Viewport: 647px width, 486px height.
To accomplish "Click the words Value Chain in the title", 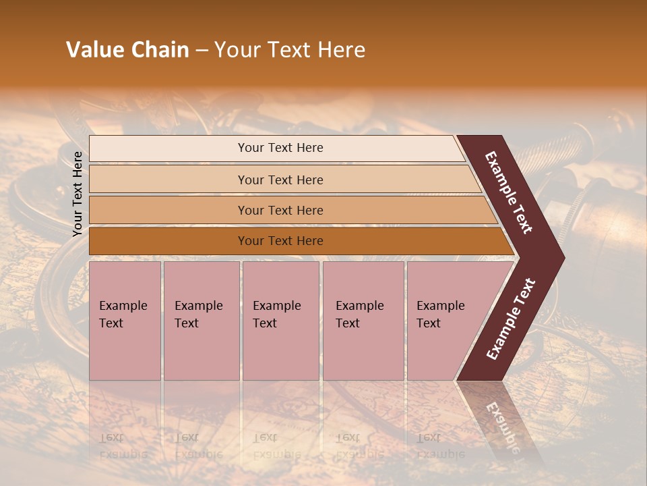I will click(127, 50).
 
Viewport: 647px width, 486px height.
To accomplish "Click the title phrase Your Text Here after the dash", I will click(290, 50).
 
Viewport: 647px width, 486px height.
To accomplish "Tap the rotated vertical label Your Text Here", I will click(78, 194).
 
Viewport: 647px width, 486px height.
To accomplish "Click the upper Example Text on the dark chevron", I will click(509, 192).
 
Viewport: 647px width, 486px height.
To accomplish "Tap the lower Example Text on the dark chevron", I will click(511, 319).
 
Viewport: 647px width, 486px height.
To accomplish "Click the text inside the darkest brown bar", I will click(280, 241).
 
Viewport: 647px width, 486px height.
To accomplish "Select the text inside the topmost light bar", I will click(280, 148).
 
